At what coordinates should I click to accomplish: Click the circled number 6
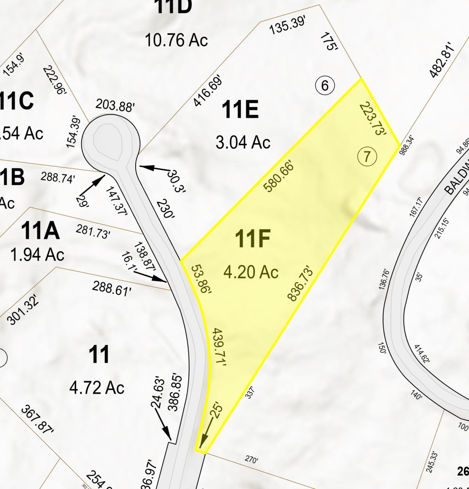325,85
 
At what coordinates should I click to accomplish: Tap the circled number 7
367,157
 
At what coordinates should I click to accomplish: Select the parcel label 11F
252,239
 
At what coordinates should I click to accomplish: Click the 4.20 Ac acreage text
251,271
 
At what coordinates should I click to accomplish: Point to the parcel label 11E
240,109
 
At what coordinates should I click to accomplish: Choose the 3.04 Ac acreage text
243,142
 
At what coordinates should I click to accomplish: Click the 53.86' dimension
201,280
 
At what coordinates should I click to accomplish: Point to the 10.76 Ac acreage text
176,40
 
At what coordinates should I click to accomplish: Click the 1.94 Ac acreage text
38,255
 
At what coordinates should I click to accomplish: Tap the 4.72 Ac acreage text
97,387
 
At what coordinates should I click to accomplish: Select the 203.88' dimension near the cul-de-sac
115,105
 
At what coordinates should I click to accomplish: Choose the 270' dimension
251,460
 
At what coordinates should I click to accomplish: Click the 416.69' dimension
208,91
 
